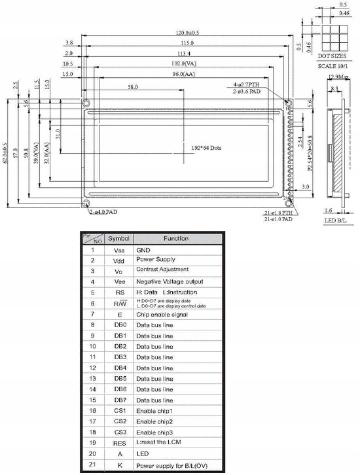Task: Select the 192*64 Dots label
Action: tap(206, 149)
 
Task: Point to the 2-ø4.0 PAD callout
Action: tap(104, 212)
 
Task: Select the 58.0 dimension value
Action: tap(133, 87)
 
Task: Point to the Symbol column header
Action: tap(119, 239)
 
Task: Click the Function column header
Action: tap(176, 239)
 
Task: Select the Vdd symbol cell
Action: tap(119, 260)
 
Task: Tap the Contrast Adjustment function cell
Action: tap(162, 269)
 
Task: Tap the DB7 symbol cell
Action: tap(119, 399)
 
